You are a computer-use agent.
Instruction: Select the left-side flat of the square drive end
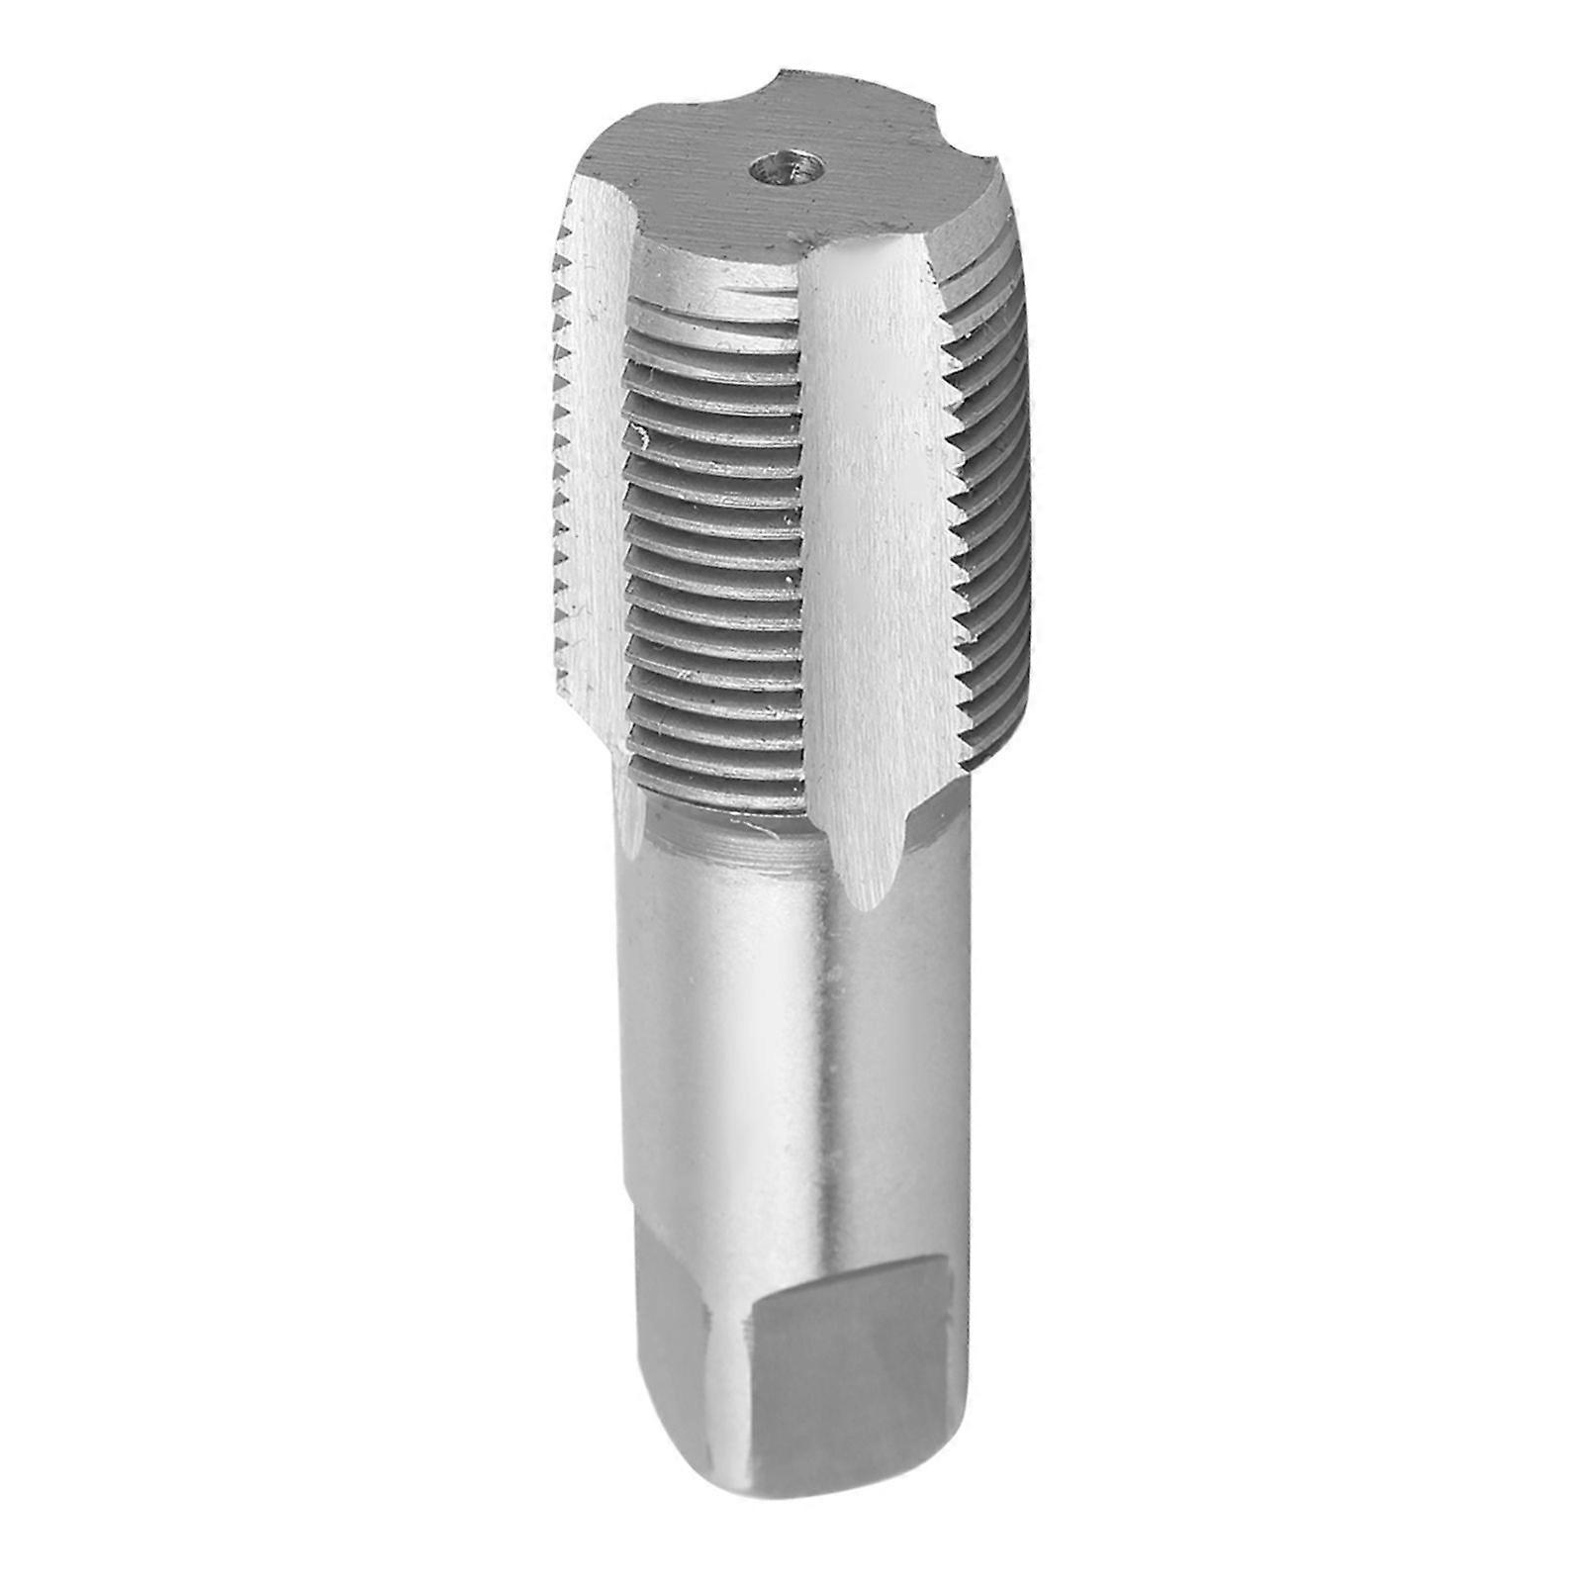click(683, 1385)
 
